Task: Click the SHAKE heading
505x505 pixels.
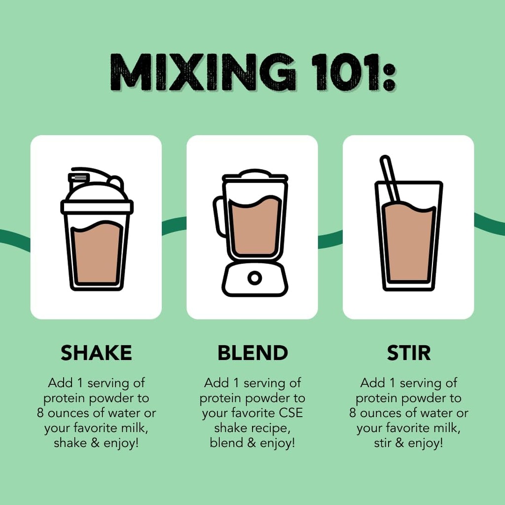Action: [96, 353]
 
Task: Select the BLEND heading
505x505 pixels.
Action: [252, 353]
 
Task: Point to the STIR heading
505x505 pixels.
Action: [408, 353]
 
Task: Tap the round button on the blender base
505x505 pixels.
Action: [254, 278]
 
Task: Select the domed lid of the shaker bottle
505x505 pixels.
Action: [97, 191]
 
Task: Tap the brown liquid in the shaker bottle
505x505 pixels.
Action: [97, 254]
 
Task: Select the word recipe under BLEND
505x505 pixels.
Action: [271, 428]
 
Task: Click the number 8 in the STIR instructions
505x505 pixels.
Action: [353, 413]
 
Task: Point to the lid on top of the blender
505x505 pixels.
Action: [254, 176]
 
